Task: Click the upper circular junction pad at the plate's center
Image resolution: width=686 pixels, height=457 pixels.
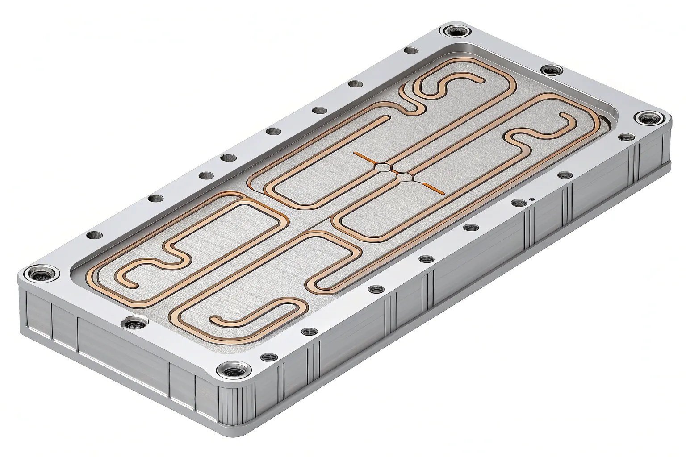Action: (x=382, y=167)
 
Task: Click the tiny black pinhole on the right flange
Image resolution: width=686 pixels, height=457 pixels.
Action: (x=531, y=199)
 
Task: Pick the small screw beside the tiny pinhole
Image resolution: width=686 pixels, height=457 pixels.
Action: (x=518, y=203)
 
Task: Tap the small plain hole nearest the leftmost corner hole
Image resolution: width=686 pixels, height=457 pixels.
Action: (x=92, y=235)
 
